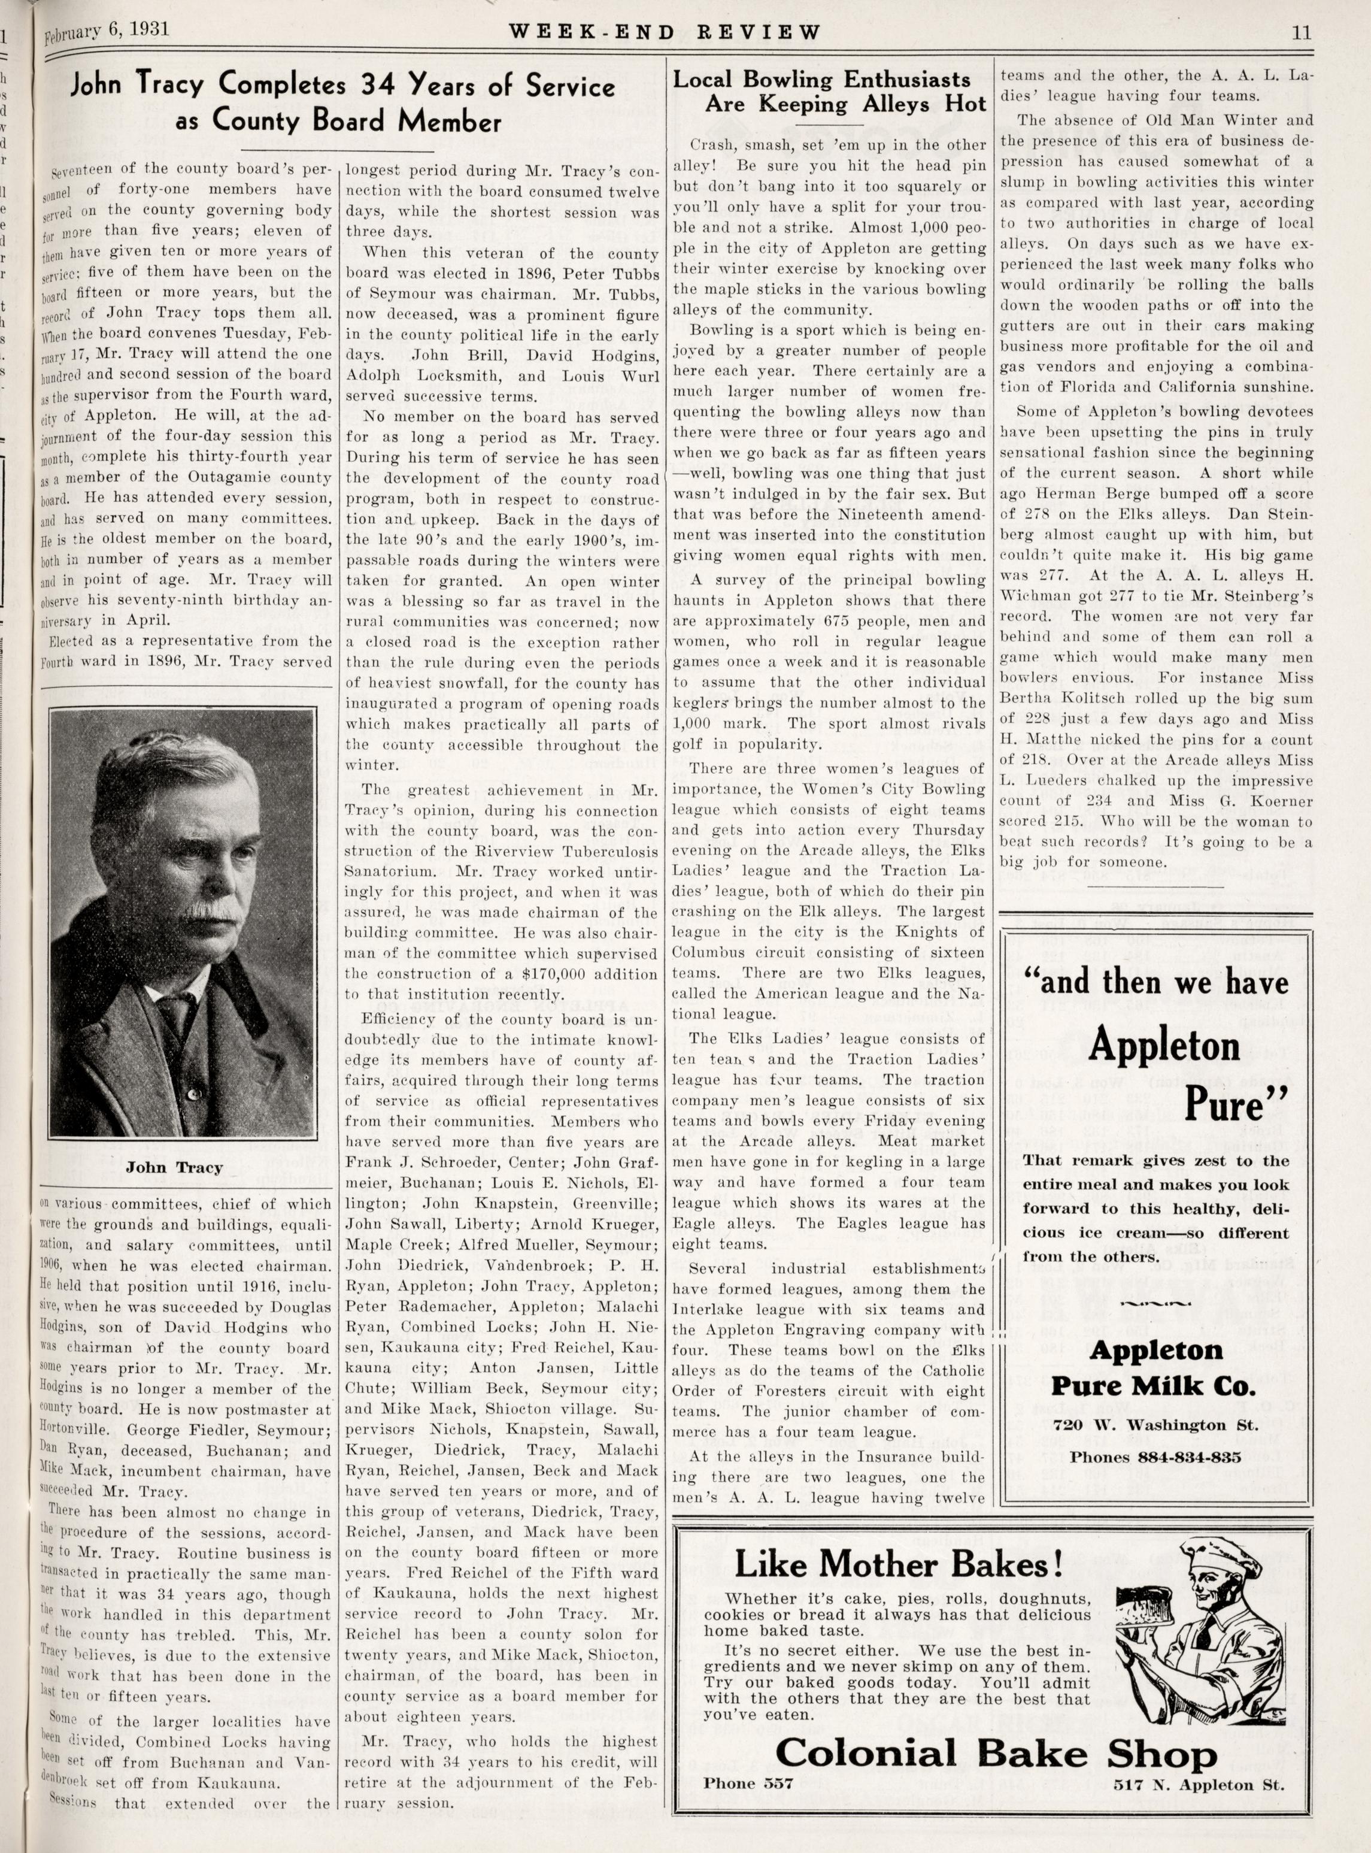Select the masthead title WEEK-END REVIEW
pyautogui.click(x=664, y=32)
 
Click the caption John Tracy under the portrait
pyautogui.click(x=174, y=1167)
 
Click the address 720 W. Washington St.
pyautogui.click(x=1156, y=1425)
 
